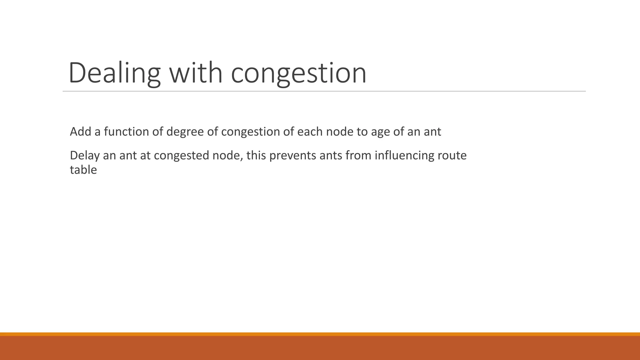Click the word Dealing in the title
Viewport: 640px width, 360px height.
114,73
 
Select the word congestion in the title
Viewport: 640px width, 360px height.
298,73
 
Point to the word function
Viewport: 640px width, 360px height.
126,132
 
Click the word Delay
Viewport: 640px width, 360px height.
84,156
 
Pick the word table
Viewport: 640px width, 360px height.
83,170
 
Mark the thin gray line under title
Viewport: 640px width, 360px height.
324,91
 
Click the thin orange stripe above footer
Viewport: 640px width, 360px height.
320,334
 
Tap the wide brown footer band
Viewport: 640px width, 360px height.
320,348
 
